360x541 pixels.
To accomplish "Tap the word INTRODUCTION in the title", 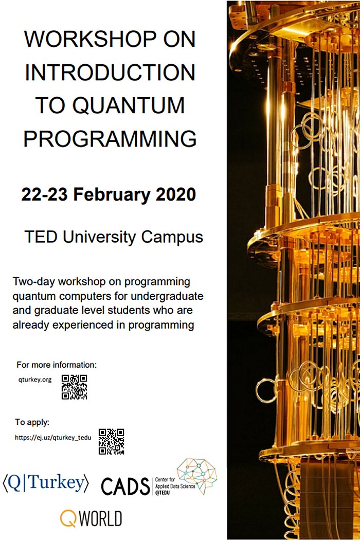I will point(110,73).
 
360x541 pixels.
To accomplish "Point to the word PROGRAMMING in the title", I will point(110,138).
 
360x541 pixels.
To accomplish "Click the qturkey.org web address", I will point(34,380).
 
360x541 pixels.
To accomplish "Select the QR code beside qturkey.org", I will point(74,387).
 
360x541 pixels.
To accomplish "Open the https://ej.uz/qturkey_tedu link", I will point(53,438).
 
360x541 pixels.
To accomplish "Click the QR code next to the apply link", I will point(111,442).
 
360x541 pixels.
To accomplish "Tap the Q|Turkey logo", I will point(46,483).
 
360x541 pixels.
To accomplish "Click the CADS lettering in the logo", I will point(125,485).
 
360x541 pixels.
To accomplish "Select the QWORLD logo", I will point(91,518).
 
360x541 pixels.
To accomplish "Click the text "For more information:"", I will point(57,365).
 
